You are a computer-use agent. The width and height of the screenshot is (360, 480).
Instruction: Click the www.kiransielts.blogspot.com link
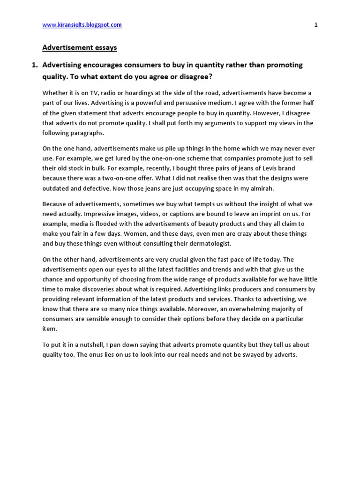point(82,25)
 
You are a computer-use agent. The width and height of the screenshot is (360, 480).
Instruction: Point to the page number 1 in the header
point(316,25)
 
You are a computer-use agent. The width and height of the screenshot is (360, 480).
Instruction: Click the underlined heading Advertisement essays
point(80,47)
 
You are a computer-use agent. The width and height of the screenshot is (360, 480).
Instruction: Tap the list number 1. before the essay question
point(35,65)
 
